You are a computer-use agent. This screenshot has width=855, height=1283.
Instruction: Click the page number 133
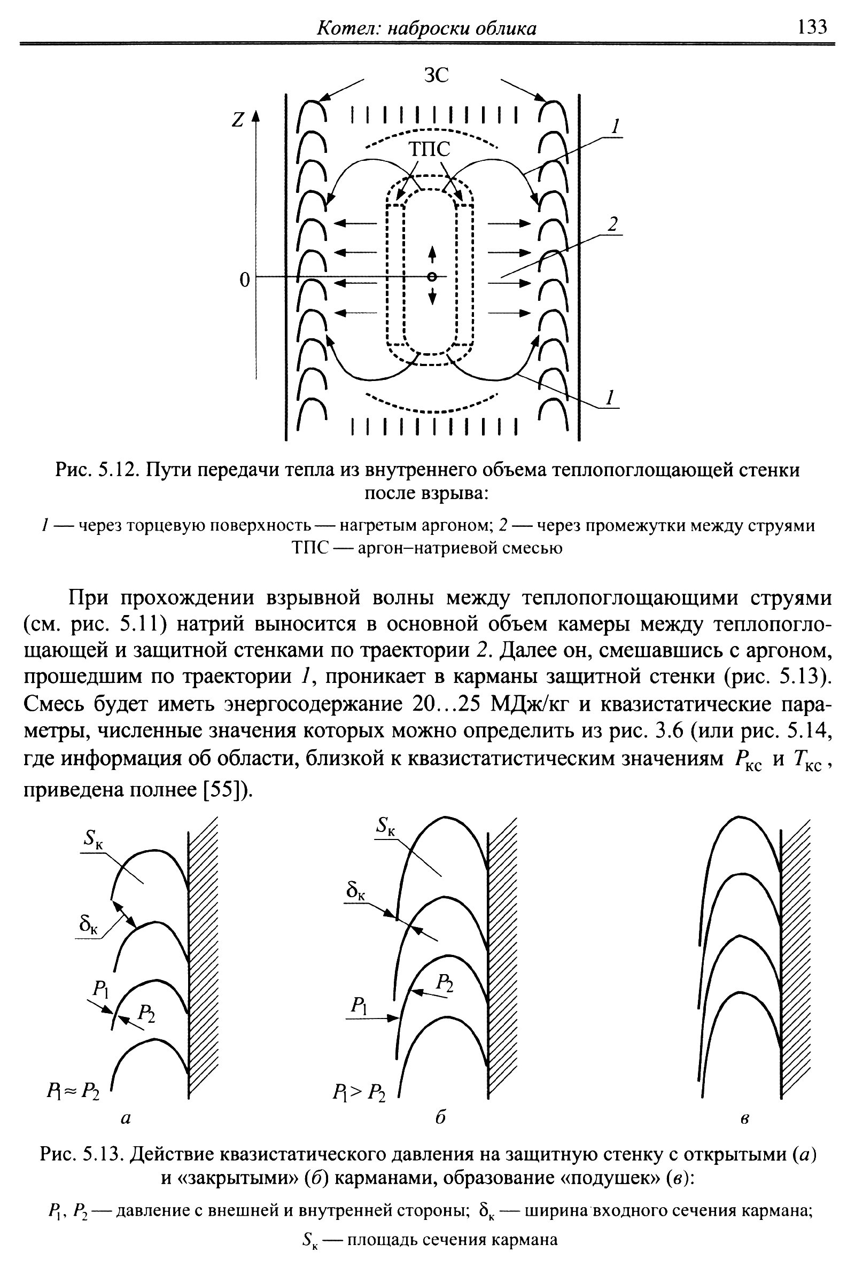[x=812, y=26]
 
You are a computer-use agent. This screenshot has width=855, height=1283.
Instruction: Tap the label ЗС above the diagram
[x=436, y=76]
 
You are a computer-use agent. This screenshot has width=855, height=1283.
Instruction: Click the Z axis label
[x=237, y=119]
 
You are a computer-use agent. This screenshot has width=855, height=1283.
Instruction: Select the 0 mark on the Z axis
[x=245, y=279]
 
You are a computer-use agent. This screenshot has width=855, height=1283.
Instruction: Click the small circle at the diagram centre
[x=432, y=277]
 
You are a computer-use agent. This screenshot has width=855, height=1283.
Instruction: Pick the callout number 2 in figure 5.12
[x=613, y=223]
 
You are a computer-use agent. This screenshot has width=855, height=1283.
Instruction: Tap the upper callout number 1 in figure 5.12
[x=615, y=127]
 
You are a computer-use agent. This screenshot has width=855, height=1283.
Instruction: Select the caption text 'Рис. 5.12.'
[x=98, y=470]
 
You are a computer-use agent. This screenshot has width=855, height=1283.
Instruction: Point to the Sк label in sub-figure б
[x=386, y=826]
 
